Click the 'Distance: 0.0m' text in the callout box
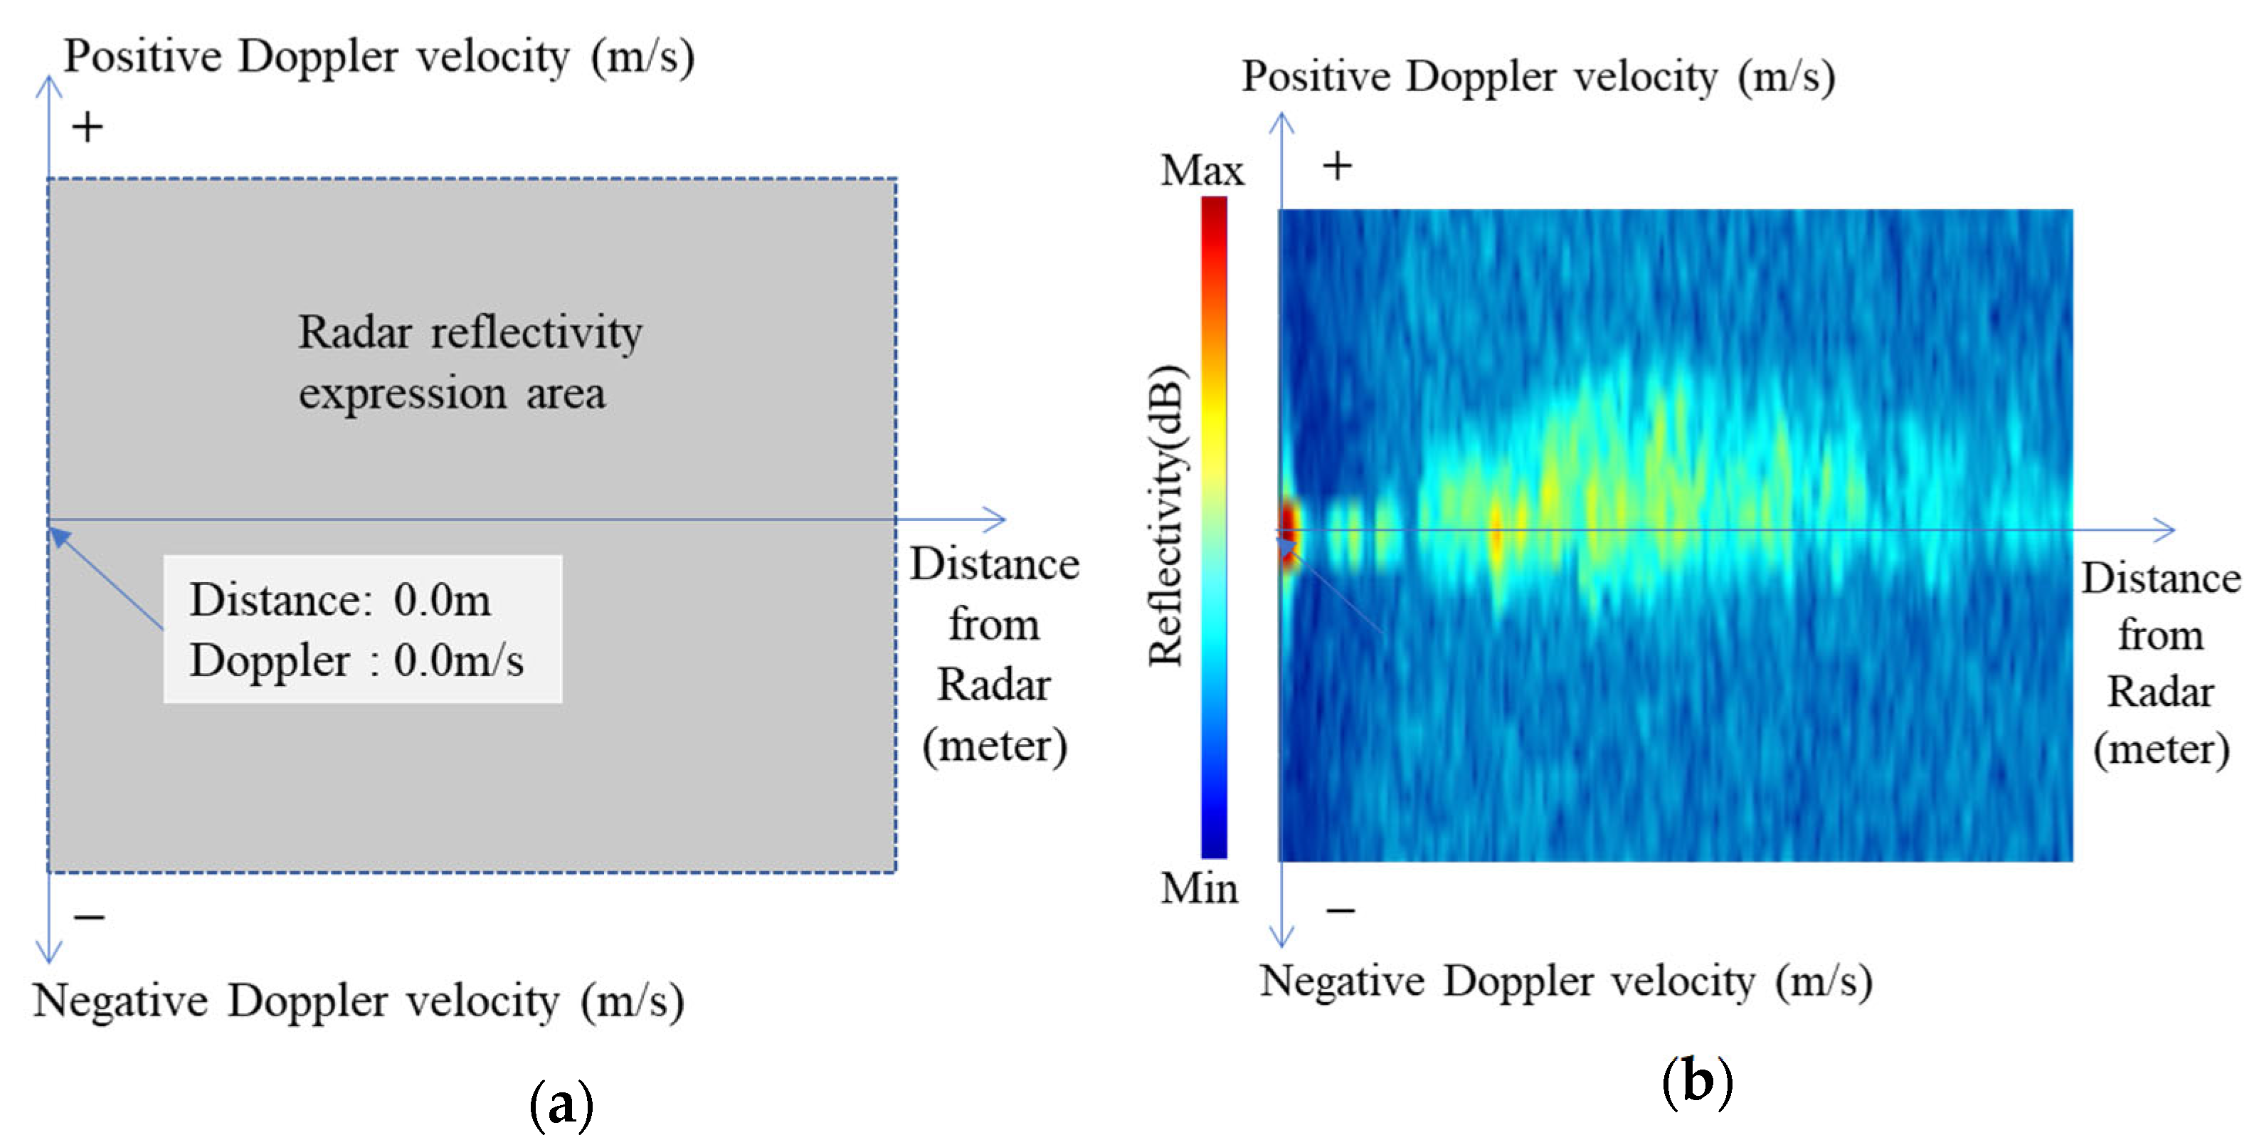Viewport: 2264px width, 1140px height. click(x=340, y=601)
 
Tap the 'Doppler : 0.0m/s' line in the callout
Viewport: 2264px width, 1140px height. click(x=356, y=661)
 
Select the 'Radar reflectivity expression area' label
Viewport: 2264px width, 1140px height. click(x=470, y=362)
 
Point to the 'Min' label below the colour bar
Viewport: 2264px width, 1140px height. click(x=1198, y=889)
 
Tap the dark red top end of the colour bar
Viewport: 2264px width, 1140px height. click(x=1214, y=211)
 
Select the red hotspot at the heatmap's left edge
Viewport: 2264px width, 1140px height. click(x=1289, y=531)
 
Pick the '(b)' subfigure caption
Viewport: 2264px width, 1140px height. click(x=1697, y=1082)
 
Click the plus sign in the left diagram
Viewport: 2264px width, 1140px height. click(x=87, y=128)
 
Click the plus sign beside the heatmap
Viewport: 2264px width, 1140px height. click(x=1337, y=166)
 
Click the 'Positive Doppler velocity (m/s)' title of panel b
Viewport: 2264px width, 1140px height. click(x=1538, y=78)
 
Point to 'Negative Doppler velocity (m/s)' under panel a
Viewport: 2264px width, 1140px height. click(x=359, y=1001)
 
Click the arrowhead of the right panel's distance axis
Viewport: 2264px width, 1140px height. click(x=2167, y=529)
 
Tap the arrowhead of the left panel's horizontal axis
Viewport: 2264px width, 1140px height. click(x=998, y=519)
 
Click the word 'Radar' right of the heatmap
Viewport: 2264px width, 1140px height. click(x=2160, y=692)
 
